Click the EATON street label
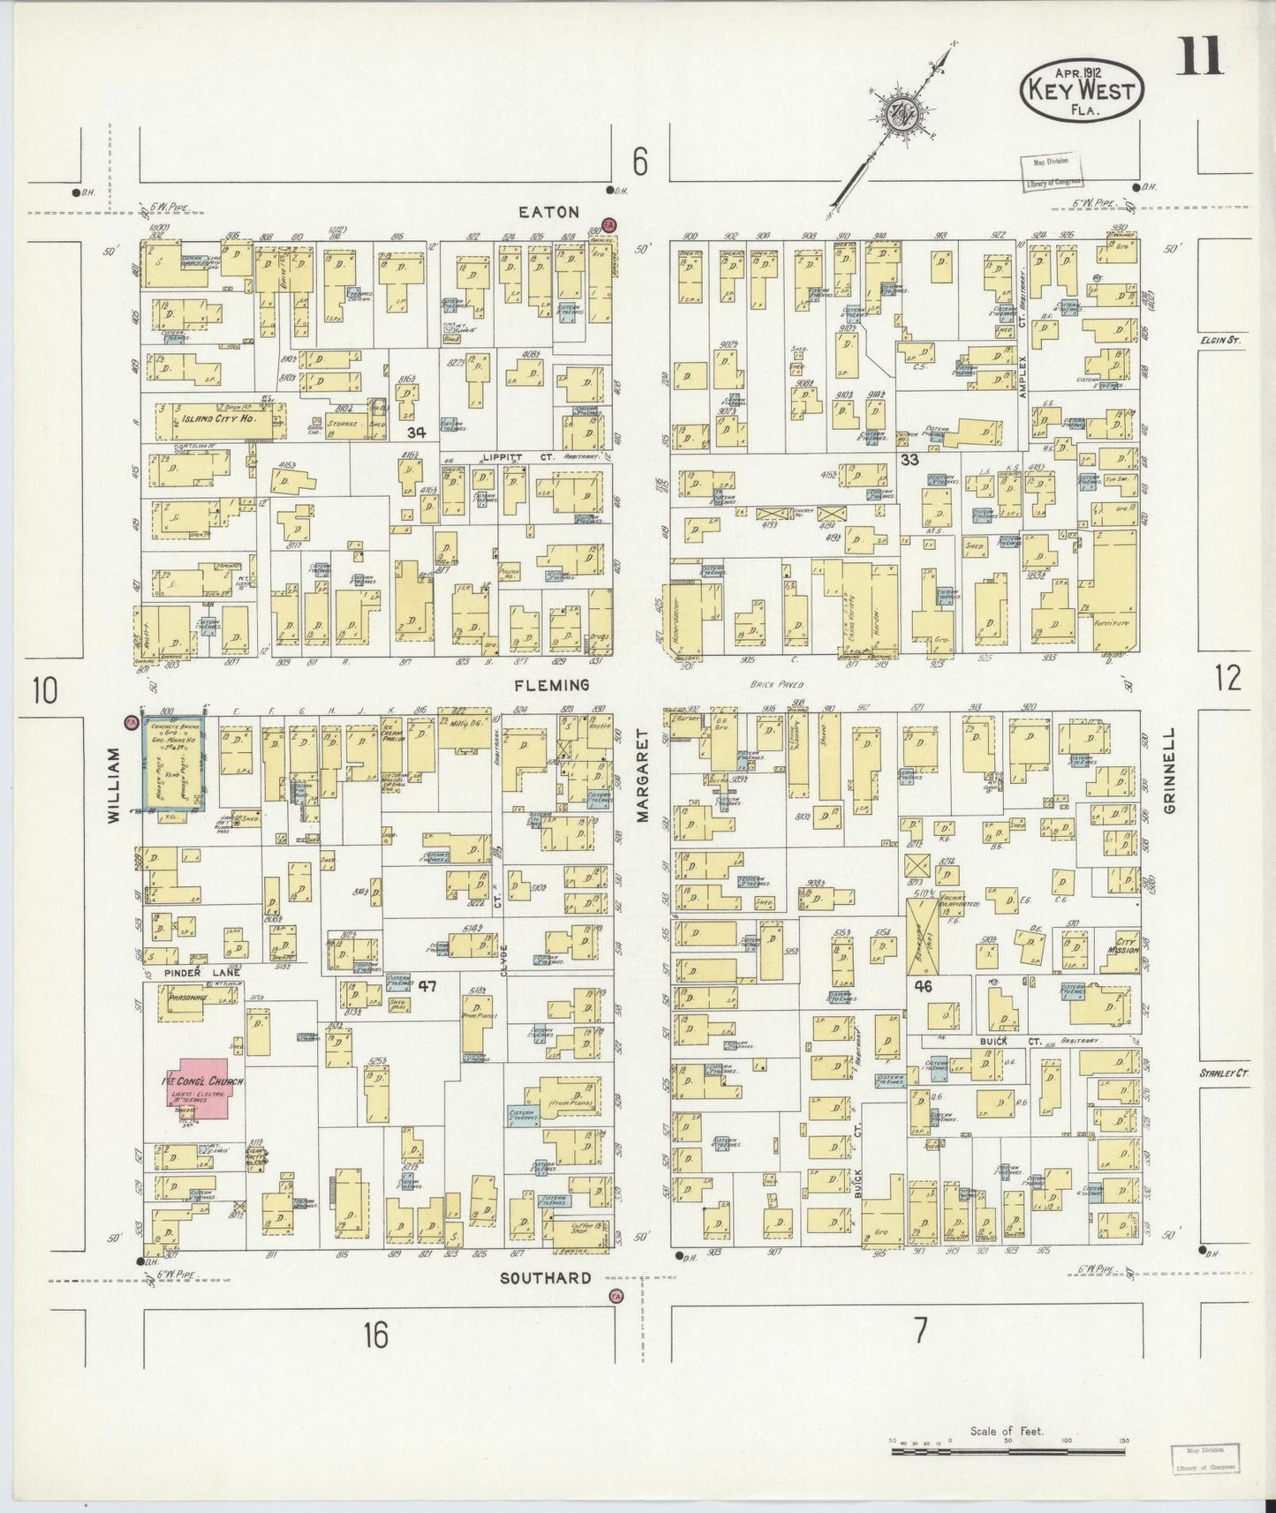(x=548, y=212)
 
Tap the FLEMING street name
(x=554, y=685)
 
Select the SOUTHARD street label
(x=545, y=1278)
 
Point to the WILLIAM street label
(x=113, y=786)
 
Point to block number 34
(x=417, y=433)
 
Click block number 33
(x=910, y=460)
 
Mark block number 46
(x=924, y=985)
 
